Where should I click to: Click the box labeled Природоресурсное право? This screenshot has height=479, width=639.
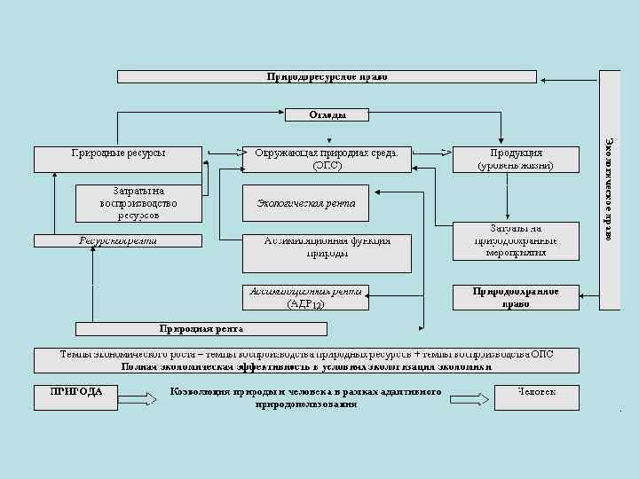point(327,76)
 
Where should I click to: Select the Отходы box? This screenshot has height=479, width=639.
point(327,114)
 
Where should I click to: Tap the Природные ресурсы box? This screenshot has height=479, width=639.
point(118,159)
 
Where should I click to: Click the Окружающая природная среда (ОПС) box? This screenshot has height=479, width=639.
point(327,159)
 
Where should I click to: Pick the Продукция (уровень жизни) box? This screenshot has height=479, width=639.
point(516,159)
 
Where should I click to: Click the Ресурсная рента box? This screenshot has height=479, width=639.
point(118,240)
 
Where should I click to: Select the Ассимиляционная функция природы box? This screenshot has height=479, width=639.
point(327,252)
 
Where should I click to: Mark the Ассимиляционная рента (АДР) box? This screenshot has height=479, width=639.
point(305,297)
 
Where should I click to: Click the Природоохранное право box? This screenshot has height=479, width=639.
point(516,297)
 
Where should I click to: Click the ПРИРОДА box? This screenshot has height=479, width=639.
point(76,397)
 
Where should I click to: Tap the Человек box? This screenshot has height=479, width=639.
point(537,397)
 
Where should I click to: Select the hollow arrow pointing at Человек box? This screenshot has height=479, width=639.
point(470,398)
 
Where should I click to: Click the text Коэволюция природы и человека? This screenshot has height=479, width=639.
point(306,391)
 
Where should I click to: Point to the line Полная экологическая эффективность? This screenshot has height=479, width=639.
point(306,365)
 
